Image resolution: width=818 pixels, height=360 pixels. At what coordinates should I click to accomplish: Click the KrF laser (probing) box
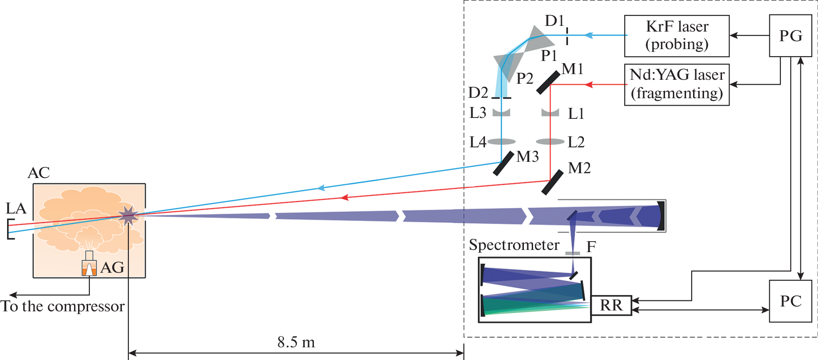pyautogui.click(x=676, y=36)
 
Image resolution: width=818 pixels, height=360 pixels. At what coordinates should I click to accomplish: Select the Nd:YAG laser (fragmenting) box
pyautogui.click(x=676, y=84)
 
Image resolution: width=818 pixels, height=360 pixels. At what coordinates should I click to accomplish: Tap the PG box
pyautogui.click(x=790, y=36)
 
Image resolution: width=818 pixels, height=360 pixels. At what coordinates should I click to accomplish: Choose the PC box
pyautogui.click(x=790, y=301)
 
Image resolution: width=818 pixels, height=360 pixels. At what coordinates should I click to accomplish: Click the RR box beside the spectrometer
pyautogui.click(x=611, y=305)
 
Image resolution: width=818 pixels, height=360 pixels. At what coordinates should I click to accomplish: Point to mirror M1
pyautogui.click(x=548, y=83)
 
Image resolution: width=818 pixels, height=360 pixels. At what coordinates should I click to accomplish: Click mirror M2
pyautogui.click(x=552, y=182)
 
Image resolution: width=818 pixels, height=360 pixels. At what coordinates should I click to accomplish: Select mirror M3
pyautogui.click(x=503, y=164)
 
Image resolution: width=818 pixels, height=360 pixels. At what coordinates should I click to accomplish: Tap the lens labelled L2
pyautogui.click(x=550, y=142)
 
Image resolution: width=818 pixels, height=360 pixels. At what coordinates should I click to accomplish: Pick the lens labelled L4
pyautogui.click(x=501, y=142)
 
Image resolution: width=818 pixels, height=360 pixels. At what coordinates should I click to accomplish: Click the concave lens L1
pyautogui.click(x=550, y=113)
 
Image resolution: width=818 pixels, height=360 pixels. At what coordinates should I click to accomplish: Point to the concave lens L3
pyautogui.click(x=501, y=113)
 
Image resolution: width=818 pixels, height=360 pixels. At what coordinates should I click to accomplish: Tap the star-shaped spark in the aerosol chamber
pyautogui.click(x=128, y=215)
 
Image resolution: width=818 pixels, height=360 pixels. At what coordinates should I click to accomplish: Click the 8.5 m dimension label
pyautogui.click(x=296, y=342)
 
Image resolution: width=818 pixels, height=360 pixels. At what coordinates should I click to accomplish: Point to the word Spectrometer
pyautogui.click(x=514, y=245)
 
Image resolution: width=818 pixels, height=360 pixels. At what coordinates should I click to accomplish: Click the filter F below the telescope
pyautogui.click(x=573, y=253)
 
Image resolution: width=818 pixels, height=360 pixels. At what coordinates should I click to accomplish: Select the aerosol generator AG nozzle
pyautogui.click(x=89, y=267)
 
